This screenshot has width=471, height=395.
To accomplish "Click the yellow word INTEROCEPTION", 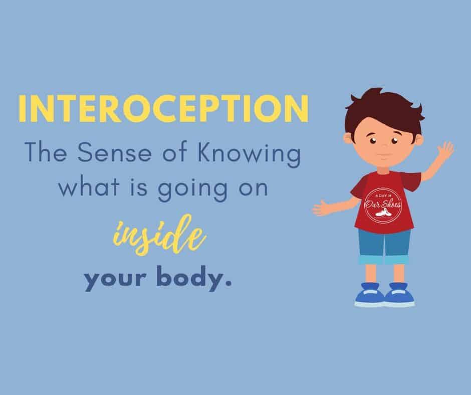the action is (x=163, y=108).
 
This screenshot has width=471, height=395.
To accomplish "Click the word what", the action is (x=89, y=186).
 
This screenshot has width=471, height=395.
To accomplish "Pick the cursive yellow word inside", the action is (x=159, y=235).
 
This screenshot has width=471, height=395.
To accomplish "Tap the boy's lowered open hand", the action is (x=321, y=208).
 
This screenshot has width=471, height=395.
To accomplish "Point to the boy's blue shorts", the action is (x=384, y=247).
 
